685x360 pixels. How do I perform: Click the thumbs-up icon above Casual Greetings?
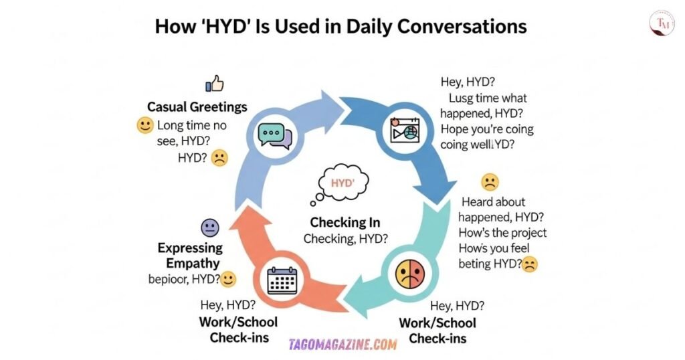click(x=214, y=84)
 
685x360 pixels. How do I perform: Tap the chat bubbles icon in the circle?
click(x=275, y=134)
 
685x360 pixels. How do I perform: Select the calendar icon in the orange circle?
click(x=282, y=280)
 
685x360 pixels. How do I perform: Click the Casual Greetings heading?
click(x=197, y=107)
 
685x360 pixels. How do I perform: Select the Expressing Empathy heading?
click(x=190, y=255)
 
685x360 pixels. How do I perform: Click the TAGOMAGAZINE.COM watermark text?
click(x=343, y=345)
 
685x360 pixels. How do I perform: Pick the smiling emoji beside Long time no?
click(x=145, y=125)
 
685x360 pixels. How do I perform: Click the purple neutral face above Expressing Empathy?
click(x=210, y=228)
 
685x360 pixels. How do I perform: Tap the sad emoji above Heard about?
click(x=490, y=181)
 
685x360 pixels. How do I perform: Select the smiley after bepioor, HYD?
click(x=228, y=279)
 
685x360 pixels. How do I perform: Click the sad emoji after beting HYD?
click(x=530, y=264)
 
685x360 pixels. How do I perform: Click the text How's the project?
click(x=502, y=233)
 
